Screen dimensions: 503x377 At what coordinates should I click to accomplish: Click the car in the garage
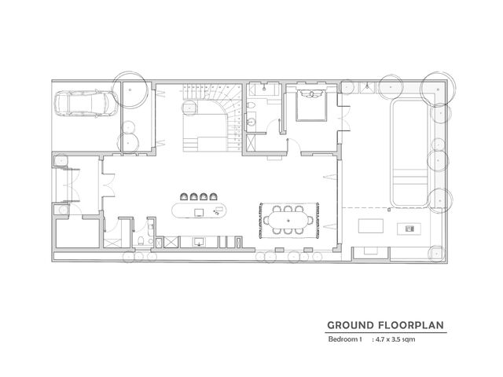86,103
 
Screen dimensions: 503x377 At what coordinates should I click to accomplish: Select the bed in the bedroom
311,104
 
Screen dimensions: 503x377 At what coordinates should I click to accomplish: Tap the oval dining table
288,220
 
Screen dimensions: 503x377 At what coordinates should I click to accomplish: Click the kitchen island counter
199,210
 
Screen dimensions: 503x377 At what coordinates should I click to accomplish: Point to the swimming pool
409,152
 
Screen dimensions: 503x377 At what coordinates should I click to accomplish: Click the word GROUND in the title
351,325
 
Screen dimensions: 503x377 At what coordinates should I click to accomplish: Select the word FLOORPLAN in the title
411,325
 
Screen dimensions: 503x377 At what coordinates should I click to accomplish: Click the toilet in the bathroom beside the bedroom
251,104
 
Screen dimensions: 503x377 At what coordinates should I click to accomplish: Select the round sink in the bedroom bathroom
251,122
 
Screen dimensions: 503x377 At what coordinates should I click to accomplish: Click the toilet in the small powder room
141,241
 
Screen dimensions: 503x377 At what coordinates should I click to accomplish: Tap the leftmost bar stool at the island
184,196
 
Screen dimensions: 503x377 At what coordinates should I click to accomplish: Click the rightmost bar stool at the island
213,196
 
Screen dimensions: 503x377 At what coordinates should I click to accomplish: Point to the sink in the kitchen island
199,213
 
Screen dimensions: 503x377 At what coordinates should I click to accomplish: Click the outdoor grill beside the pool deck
409,229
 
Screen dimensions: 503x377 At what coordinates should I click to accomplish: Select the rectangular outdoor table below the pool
370,225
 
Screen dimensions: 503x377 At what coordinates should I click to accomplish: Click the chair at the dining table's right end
310,220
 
